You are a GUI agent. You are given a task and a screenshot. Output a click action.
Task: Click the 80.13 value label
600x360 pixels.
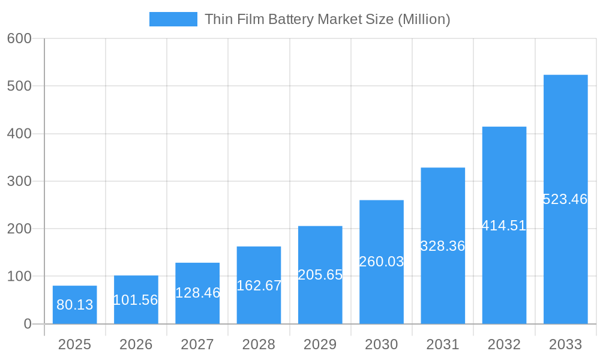coord(75,305)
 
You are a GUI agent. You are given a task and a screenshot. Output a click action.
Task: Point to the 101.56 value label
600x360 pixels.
coord(136,300)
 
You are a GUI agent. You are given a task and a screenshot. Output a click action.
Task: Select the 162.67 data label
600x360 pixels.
coord(259,286)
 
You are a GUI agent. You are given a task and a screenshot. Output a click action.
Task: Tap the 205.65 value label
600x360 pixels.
coord(320,275)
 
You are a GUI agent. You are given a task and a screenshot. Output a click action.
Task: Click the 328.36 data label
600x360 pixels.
coord(443,246)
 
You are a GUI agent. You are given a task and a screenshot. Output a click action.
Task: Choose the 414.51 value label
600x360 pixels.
coord(504,226)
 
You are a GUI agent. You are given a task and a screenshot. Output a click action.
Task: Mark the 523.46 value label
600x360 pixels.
coord(565,199)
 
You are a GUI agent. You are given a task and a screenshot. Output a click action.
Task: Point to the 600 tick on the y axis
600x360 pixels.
coord(19,38)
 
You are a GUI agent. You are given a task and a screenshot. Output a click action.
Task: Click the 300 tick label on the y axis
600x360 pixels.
coord(19,181)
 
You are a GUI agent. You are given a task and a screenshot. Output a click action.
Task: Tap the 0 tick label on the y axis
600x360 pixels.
coord(28,324)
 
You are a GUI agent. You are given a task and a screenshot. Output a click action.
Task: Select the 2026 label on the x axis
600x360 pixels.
coord(136,344)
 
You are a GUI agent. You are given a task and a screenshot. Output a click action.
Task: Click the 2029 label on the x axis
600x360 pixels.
coord(320,344)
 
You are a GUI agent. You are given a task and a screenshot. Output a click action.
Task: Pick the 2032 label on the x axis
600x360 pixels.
coord(504,344)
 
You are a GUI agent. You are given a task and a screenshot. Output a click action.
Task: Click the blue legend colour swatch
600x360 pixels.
coord(173,19)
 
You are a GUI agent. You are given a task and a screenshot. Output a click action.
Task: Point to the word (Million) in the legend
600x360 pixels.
coord(424,19)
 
